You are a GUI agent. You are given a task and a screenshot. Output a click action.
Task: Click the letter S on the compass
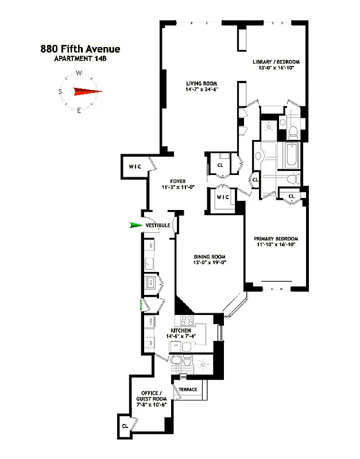point(60,92)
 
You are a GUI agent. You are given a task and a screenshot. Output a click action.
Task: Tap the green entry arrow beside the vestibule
point(136,225)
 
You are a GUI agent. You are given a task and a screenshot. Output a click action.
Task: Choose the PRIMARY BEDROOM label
point(277,239)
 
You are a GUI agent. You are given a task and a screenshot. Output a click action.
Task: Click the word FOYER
point(177,181)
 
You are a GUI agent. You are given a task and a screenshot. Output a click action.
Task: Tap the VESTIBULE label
point(157,225)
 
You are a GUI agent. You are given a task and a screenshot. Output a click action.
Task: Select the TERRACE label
point(188,390)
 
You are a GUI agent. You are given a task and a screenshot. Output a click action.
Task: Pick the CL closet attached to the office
point(125,426)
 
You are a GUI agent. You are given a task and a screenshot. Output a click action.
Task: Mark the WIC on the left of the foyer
point(134,167)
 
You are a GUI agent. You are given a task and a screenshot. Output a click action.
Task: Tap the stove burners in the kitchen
point(187,321)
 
